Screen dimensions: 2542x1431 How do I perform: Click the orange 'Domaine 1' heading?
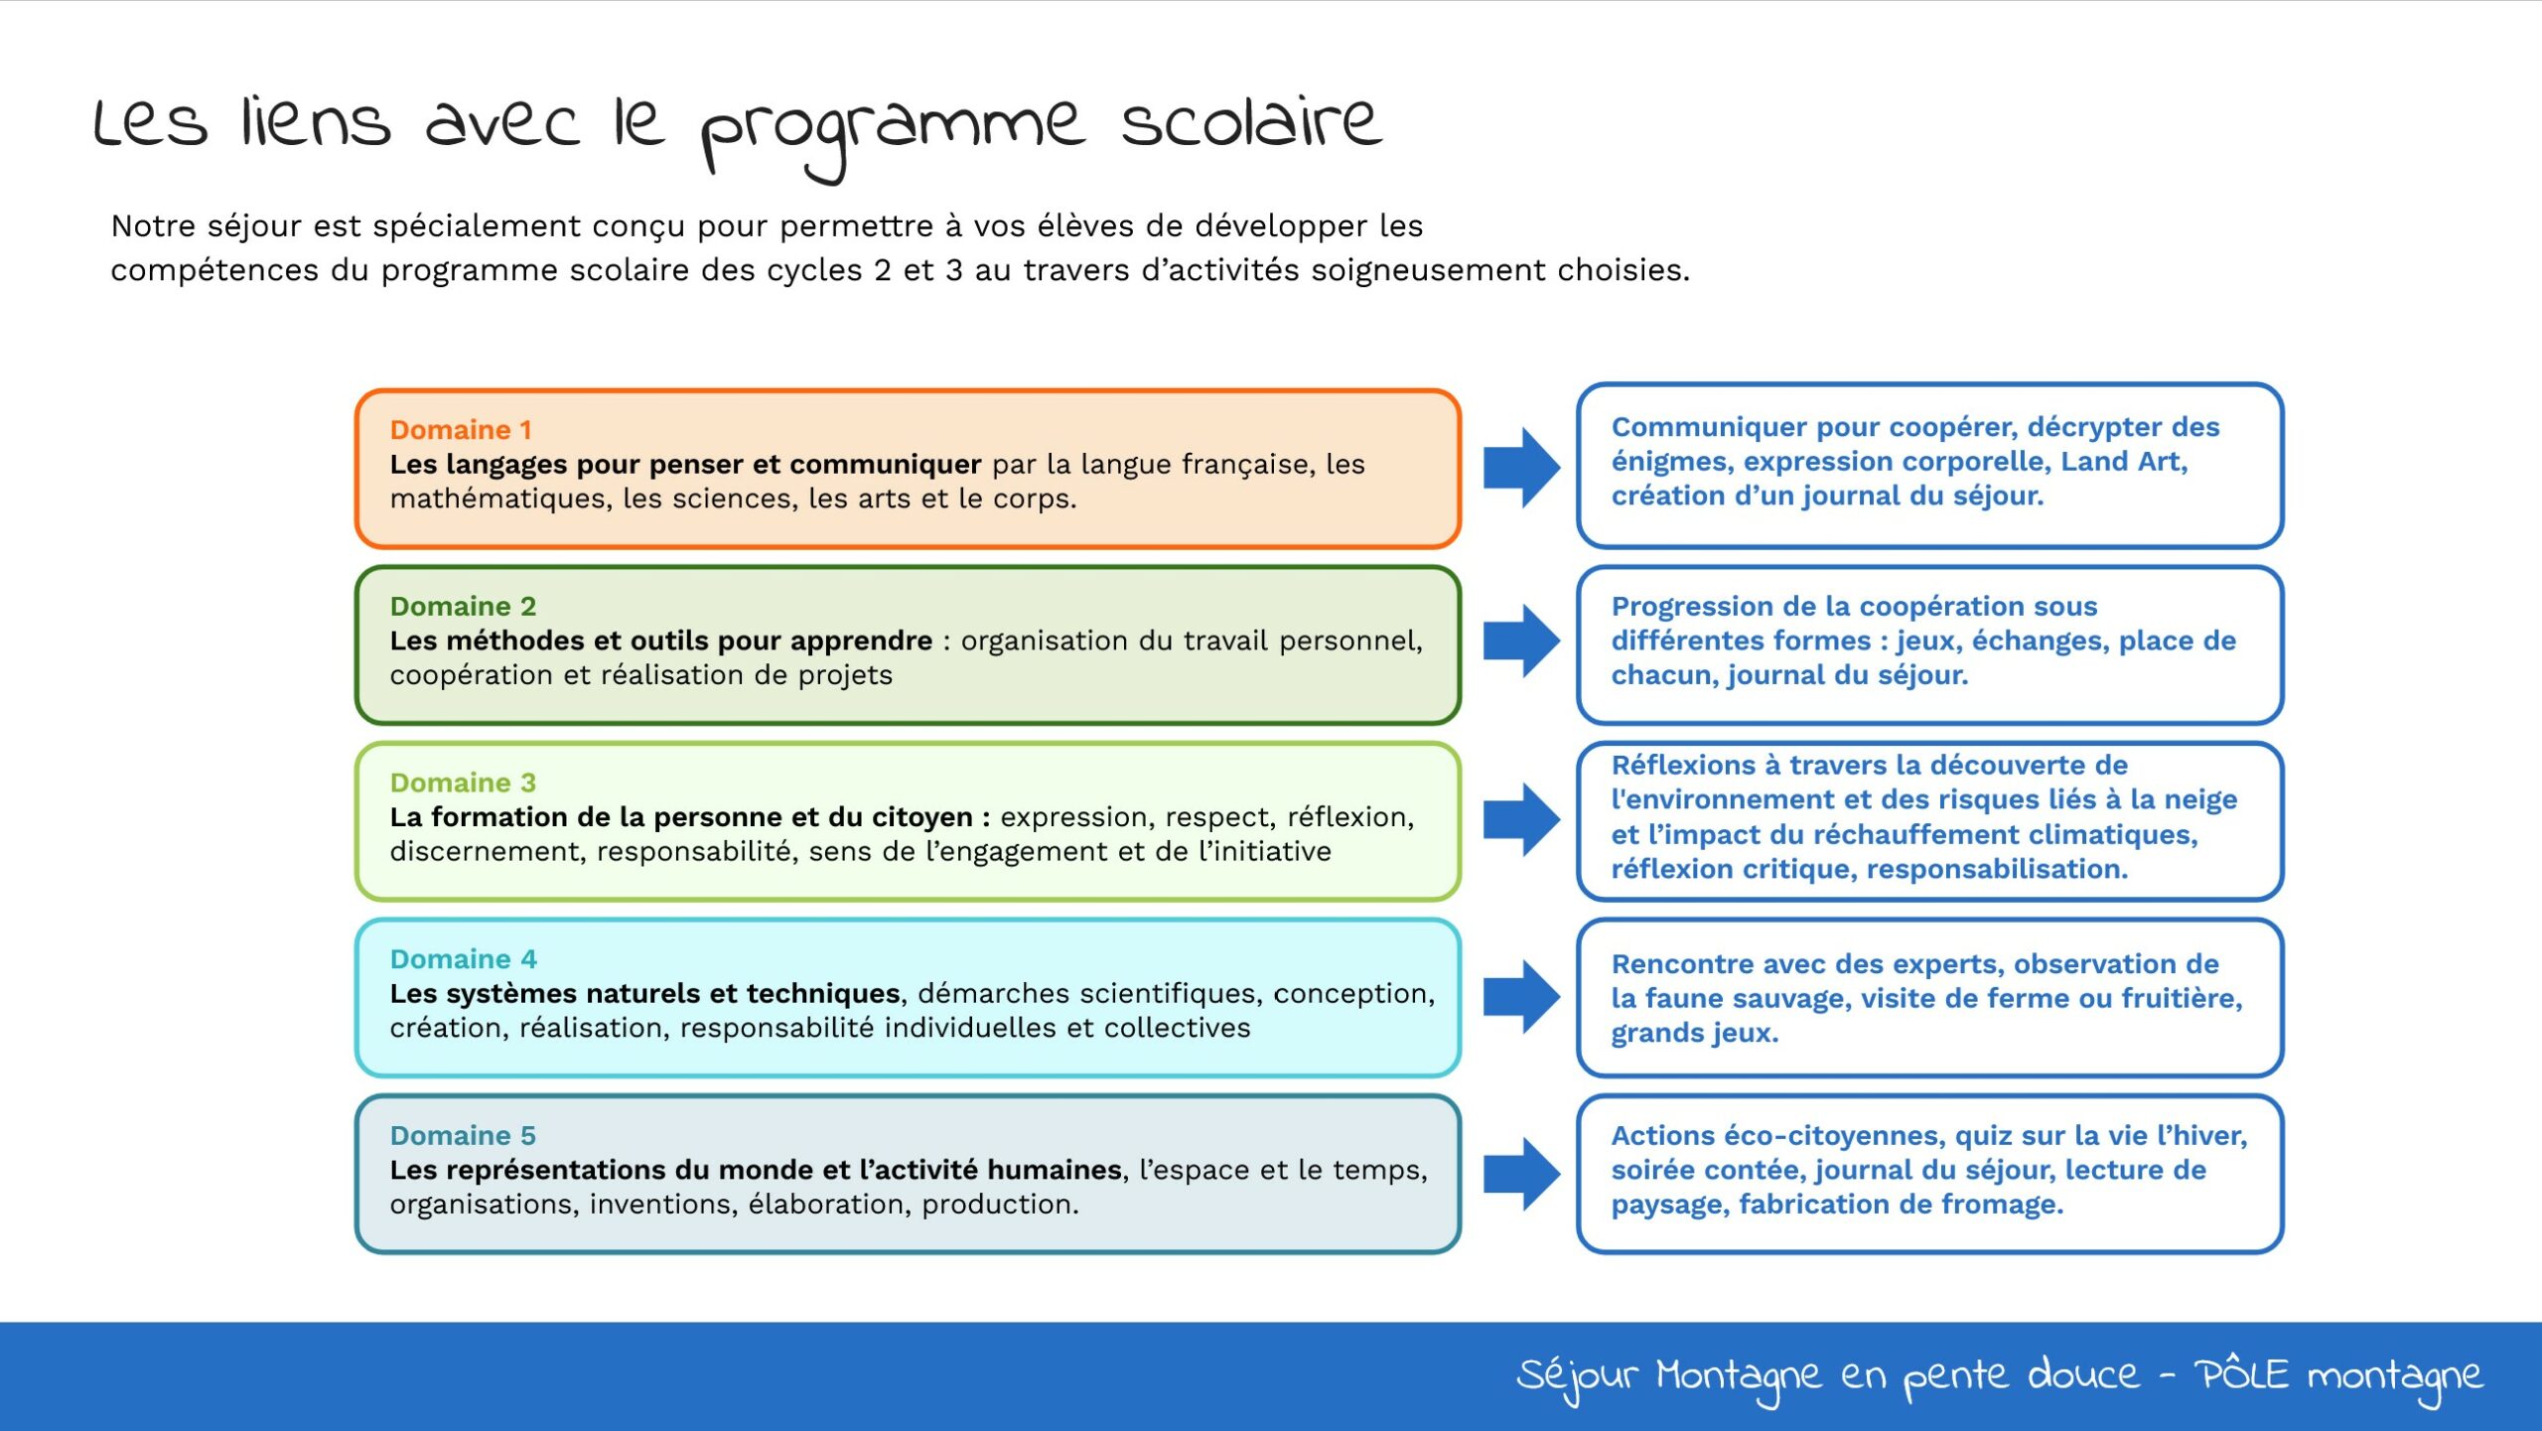tap(461, 430)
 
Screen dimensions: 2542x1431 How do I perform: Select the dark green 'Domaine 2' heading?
tap(463, 607)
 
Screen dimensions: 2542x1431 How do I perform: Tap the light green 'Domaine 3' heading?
tap(463, 784)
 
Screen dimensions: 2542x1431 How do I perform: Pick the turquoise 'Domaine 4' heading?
tap(463, 959)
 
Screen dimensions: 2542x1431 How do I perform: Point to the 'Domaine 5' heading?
tap(463, 1136)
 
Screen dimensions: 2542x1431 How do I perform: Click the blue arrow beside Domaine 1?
tap(1521, 468)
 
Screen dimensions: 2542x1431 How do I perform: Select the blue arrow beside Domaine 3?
tap(1521, 820)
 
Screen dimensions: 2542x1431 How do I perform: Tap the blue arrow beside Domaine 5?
tap(1521, 1174)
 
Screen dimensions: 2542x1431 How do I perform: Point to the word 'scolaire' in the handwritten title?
tap(1251, 122)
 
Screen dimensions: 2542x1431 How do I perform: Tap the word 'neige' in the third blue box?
tap(2197, 800)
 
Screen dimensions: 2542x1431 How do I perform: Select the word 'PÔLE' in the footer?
tap(2241, 1373)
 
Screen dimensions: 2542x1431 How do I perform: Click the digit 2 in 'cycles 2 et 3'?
tap(883, 271)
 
